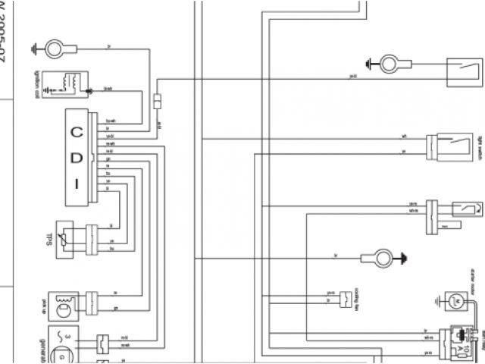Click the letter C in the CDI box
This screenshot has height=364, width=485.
tap(77, 130)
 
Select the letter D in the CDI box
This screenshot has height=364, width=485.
tap(77, 157)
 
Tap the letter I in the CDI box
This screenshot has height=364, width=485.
tap(77, 184)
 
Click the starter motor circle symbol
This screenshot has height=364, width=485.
tap(457, 301)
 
